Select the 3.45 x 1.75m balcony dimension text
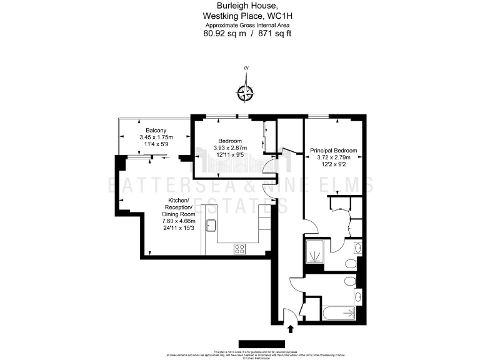156,137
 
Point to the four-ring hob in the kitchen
240,248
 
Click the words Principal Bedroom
334,151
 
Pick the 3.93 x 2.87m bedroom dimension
229,147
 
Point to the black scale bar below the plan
261,343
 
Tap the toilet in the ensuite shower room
357,248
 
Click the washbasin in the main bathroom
357,295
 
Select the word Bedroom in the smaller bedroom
229,141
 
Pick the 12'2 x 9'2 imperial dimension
333,165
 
